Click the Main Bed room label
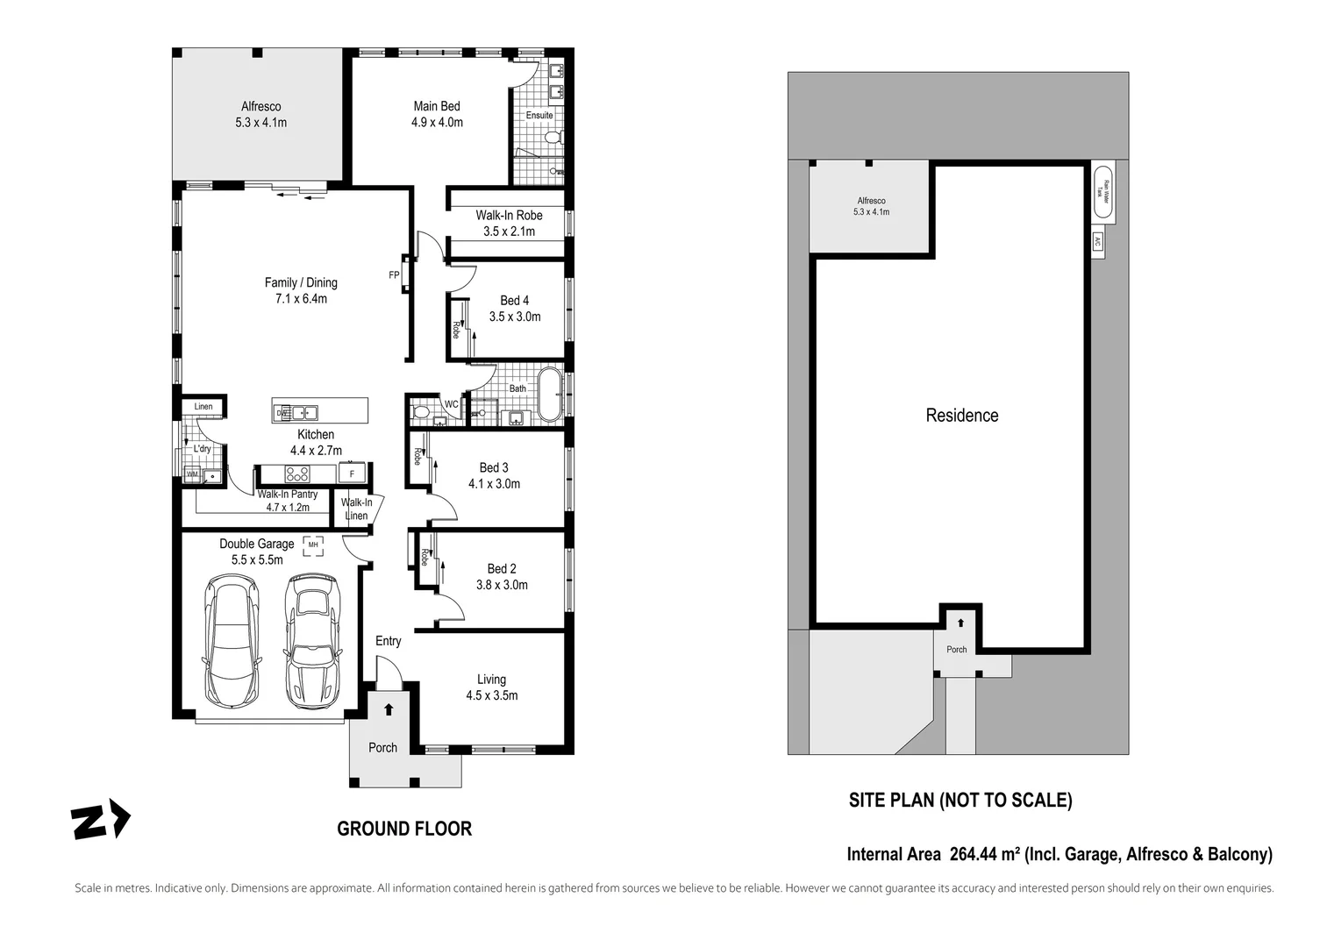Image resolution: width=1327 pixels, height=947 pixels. click(x=437, y=106)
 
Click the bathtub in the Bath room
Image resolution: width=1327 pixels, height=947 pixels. click(x=549, y=395)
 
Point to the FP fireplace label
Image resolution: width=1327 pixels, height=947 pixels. click(x=394, y=275)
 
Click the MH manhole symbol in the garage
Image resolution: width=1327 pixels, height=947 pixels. click(x=313, y=545)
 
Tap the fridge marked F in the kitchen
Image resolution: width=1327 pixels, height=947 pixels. click(x=352, y=473)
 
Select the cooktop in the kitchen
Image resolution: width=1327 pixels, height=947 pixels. click(x=297, y=473)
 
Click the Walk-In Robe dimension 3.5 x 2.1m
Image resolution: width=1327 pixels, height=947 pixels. click(x=509, y=231)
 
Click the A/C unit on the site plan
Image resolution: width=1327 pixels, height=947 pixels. click(x=1097, y=242)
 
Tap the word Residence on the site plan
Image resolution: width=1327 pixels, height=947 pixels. click(x=961, y=416)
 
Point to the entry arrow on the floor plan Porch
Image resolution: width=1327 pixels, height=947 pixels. click(x=389, y=709)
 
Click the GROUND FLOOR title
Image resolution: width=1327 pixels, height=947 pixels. click(x=404, y=829)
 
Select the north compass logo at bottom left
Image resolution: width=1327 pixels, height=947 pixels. click(x=100, y=822)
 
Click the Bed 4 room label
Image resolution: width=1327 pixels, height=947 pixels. click(x=514, y=301)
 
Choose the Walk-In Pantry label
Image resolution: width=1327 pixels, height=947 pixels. click(x=288, y=495)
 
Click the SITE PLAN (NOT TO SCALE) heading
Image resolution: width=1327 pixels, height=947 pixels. click(x=960, y=800)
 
